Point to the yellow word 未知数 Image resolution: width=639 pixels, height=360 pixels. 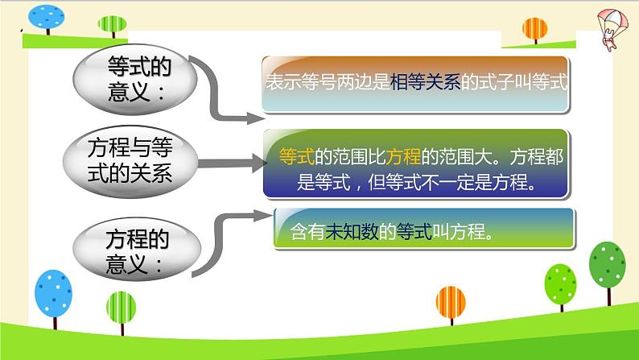(347, 232)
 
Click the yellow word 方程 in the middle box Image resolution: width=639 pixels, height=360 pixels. (404, 157)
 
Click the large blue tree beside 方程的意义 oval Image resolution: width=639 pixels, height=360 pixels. (52, 294)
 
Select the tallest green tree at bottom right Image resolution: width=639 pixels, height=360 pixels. (608, 266)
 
